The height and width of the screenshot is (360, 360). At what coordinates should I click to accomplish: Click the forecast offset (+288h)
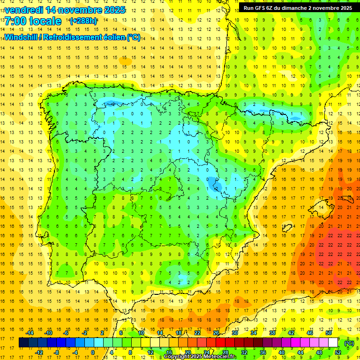83,21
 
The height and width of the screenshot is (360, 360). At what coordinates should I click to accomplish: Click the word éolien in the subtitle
112,37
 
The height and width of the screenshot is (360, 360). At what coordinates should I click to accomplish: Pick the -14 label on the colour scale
30,333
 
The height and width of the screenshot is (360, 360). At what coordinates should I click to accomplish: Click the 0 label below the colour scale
92,352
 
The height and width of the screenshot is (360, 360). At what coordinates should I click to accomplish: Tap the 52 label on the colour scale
338,352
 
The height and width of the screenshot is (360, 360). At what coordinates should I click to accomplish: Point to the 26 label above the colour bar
216,333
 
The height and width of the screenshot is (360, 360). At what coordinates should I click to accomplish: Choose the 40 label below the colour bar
282,352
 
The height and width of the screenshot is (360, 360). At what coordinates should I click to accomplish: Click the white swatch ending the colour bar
333,343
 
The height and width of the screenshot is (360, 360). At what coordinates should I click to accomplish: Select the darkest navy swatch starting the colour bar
23,343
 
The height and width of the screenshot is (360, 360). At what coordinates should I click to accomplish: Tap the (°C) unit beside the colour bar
349,343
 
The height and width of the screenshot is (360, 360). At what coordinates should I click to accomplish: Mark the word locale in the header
45,21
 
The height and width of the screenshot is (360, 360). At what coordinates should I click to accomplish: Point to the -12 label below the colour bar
39,352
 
